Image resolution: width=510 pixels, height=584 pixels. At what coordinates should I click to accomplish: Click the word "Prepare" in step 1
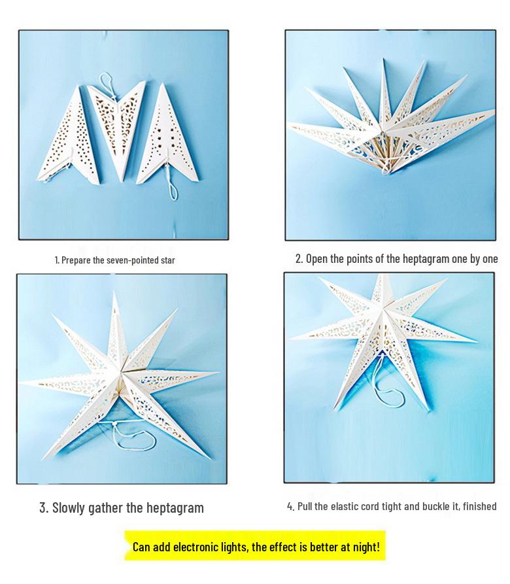[76, 260]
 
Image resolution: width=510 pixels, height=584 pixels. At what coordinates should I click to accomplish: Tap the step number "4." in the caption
[291, 506]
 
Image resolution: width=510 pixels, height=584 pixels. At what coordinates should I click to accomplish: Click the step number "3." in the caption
[44, 507]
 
